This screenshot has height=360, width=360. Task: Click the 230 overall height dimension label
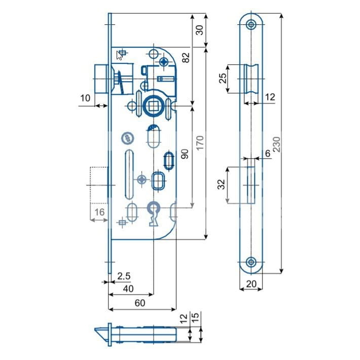277,144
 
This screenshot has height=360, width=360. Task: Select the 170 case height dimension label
200,142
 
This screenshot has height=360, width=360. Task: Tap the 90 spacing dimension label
185,154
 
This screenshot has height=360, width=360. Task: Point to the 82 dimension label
186,57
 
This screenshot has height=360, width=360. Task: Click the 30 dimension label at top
199,30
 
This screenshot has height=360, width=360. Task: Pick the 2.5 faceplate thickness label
124,276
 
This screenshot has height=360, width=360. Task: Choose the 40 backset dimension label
128,289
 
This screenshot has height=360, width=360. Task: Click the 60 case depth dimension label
140,303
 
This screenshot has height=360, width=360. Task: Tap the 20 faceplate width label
251,284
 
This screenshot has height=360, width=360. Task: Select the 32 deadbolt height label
222,185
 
